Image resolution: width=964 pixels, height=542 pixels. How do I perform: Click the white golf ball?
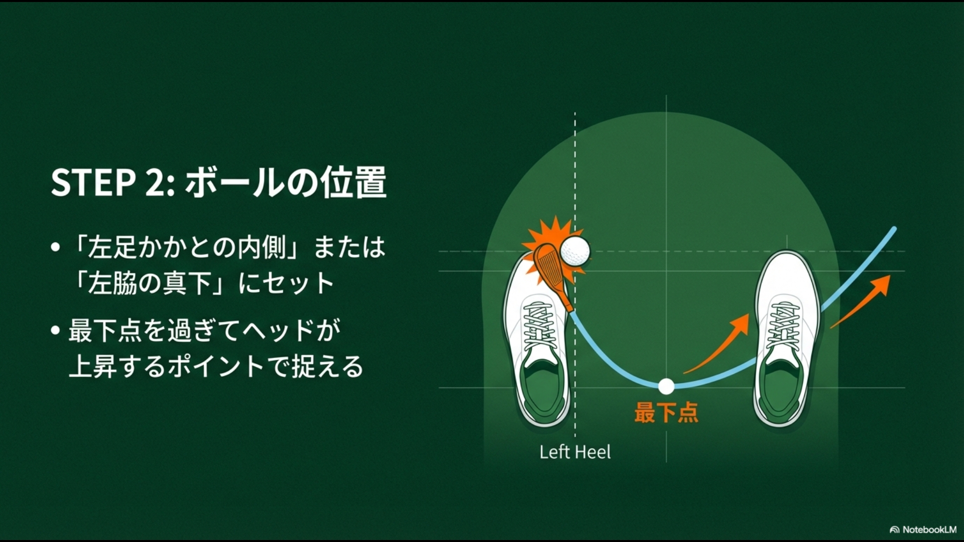click(x=575, y=251)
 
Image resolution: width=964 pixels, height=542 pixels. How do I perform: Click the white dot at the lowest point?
click(x=666, y=386)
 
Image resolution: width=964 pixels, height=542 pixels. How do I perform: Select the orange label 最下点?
click(x=666, y=413)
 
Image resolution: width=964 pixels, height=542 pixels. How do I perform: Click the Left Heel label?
click(x=575, y=452)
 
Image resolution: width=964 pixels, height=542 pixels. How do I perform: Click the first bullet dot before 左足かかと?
click(x=56, y=248)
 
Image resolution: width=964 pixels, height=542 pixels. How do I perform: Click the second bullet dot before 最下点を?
click(x=56, y=331)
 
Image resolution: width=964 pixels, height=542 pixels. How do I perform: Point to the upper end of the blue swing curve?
click(x=894, y=229)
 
